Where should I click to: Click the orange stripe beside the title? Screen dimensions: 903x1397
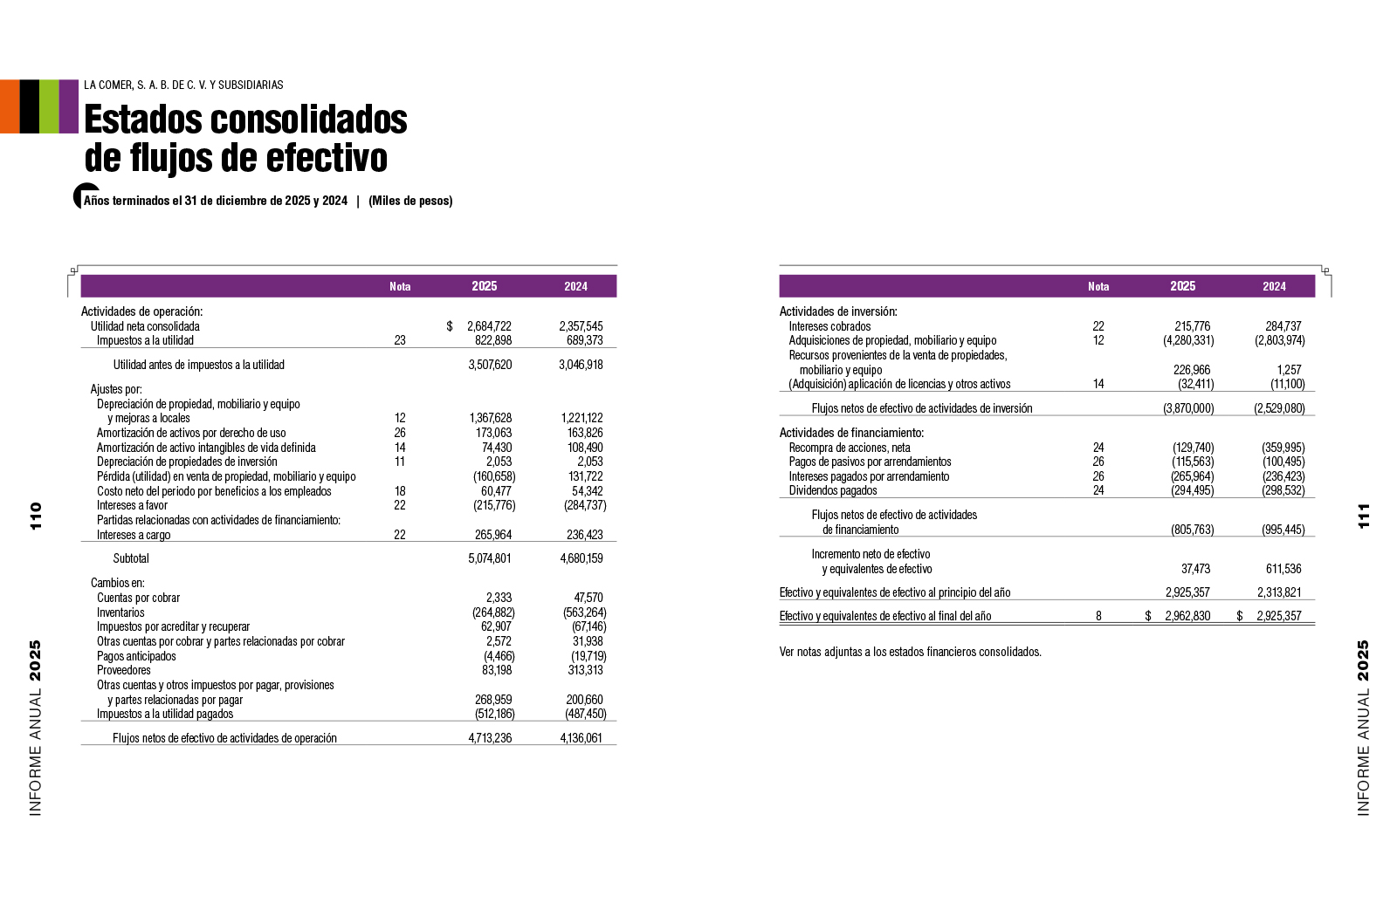(x=10, y=106)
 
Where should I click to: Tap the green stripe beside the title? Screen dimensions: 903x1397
(x=49, y=106)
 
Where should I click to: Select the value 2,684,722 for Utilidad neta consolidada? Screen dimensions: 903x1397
(x=489, y=326)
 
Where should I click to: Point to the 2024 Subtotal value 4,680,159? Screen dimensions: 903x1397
(x=581, y=558)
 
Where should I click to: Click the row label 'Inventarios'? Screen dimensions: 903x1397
(x=120, y=612)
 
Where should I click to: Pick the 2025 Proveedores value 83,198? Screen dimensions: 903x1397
(x=497, y=670)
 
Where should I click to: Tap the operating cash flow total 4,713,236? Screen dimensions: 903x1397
(x=490, y=738)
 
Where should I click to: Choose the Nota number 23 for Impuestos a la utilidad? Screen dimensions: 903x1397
(x=400, y=340)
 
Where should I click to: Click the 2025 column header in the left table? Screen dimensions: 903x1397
(x=485, y=286)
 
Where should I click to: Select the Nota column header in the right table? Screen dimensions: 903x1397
(x=1098, y=286)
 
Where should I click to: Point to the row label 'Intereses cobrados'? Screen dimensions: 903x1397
(x=829, y=326)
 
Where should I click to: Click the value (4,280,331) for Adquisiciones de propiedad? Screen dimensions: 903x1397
(x=1188, y=340)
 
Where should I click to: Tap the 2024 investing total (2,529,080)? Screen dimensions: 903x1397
(x=1279, y=408)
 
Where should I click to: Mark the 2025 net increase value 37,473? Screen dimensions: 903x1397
(x=1195, y=569)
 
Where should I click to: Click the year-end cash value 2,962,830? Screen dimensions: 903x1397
(x=1187, y=616)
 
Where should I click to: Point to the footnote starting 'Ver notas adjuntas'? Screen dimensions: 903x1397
(x=910, y=652)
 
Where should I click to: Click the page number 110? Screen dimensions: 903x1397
(x=36, y=516)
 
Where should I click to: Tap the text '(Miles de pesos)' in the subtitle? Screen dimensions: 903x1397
(x=410, y=201)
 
